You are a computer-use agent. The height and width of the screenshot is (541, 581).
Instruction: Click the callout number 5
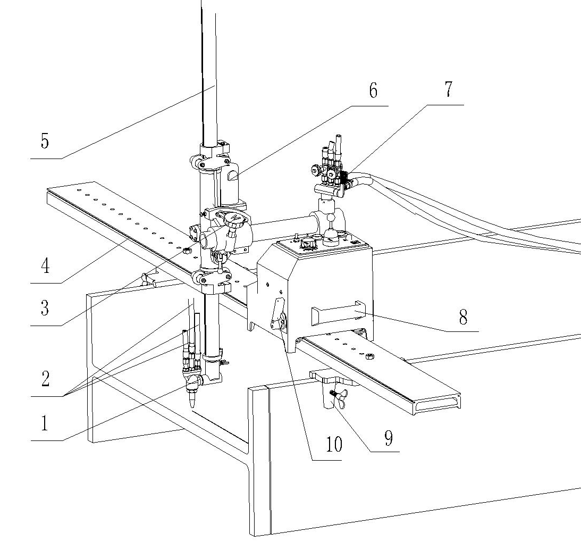[45, 142]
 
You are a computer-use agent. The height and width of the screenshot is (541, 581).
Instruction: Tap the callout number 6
[373, 90]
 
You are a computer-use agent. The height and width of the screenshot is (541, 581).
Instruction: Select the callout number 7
[448, 89]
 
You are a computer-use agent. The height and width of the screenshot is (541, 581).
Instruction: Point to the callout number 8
[462, 318]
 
